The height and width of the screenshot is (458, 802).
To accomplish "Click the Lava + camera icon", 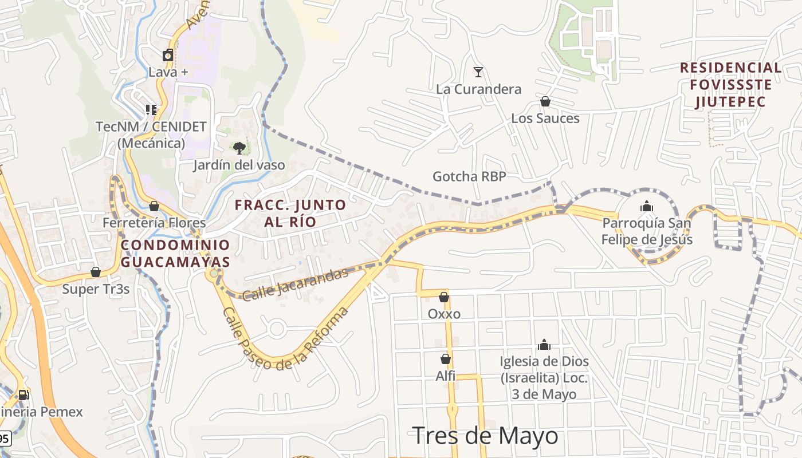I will pyautogui.click(x=168, y=56).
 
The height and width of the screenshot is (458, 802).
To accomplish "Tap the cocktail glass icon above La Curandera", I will pyautogui.click(x=478, y=72).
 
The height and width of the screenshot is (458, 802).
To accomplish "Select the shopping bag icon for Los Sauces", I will pyautogui.click(x=545, y=102).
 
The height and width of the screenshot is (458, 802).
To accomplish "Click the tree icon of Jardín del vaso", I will pyautogui.click(x=239, y=148).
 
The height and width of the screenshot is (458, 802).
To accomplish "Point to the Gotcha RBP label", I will pyautogui.click(x=469, y=176).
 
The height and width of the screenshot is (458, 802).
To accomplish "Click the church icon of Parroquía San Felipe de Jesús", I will pyautogui.click(x=647, y=206).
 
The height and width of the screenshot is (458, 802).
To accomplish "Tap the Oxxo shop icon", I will pyautogui.click(x=444, y=297).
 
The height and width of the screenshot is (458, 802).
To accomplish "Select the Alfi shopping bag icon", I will pyautogui.click(x=446, y=360).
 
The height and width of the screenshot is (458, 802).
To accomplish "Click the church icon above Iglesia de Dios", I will pyautogui.click(x=544, y=345).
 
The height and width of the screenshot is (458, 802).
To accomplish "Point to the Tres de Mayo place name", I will pyautogui.click(x=485, y=436).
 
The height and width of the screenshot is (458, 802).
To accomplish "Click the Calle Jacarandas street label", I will pyautogui.click(x=295, y=284).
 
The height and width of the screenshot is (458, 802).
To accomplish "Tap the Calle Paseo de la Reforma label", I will pyautogui.click(x=285, y=339).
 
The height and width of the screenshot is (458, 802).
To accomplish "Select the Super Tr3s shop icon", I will pyautogui.click(x=96, y=272).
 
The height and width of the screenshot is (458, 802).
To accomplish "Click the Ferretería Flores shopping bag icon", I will pyautogui.click(x=154, y=206).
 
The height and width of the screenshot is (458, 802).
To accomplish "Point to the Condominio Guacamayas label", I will pyautogui.click(x=175, y=254).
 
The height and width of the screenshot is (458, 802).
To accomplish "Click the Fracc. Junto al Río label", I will pyautogui.click(x=290, y=213).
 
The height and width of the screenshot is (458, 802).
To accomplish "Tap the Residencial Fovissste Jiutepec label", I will pyautogui.click(x=730, y=85).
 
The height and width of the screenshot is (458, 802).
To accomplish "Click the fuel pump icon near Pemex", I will pyautogui.click(x=23, y=394).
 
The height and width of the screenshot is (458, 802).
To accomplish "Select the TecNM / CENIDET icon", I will pyautogui.click(x=151, y=109).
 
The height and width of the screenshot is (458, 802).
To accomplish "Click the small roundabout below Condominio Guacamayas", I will pyautogui.click(x=214, y=274).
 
